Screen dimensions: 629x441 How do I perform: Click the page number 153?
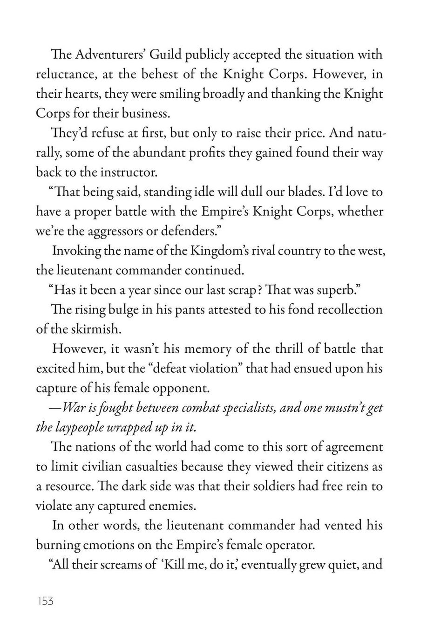click(45, 601)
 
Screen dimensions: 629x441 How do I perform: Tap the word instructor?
click(128, 172)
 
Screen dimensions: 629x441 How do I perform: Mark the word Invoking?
click(77, 251)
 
